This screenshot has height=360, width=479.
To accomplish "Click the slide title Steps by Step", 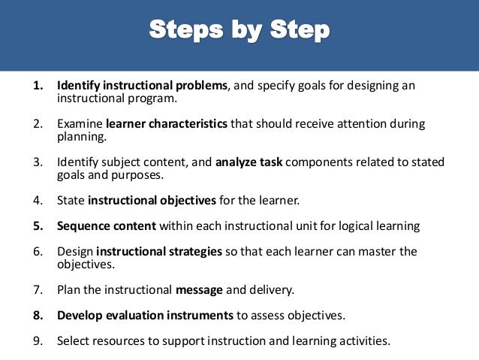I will coord(239,32).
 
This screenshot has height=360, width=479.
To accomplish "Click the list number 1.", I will coord(36,86).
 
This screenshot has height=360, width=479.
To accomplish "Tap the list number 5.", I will coord(36,225).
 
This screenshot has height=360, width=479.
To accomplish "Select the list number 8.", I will coord(36,315).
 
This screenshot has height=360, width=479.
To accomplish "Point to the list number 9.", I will coord(36,340).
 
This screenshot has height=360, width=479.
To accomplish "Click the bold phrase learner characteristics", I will coord(167,123).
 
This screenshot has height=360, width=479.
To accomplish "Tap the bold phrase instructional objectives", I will coord(152,200).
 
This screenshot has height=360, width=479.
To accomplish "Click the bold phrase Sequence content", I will coord(107,225).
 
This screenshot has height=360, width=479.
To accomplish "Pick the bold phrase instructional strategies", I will coord(159,251).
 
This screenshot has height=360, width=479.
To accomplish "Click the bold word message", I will coord(198,289).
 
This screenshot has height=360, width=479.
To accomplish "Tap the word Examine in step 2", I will coord(80,123).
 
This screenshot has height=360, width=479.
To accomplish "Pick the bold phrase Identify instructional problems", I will coord(142,86).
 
